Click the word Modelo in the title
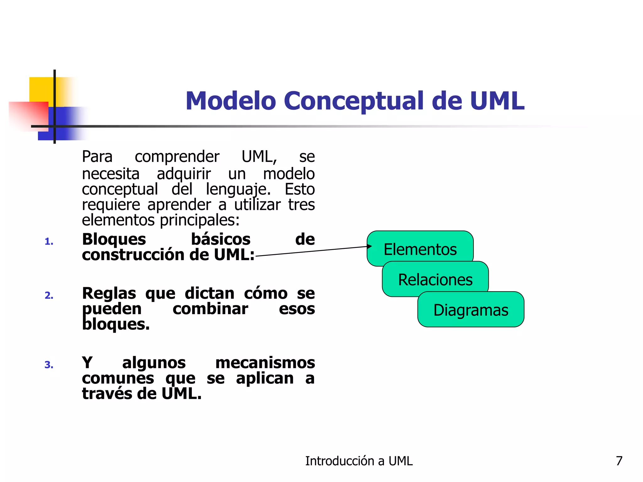[x=230, y=101]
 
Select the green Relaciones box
[x=435, y=280]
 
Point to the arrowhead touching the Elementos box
[x=370, y=246]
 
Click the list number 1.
[x=49, y=242]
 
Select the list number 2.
[x=49, y=296]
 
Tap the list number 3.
[x=49, y=365]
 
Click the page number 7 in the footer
[x=619, y=461]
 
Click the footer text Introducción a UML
[x=359, y=461]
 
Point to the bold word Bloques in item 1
[x=114, y=239]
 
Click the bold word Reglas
[x=109, y=293]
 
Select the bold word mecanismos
[x=265, y=363]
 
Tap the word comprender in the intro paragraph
[x=177, y=157]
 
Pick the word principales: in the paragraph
[x=200, y=220]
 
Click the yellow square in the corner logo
[x=41, y=89]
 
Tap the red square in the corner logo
[x=28, y=115]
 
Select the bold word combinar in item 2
[x=210, y=309]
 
